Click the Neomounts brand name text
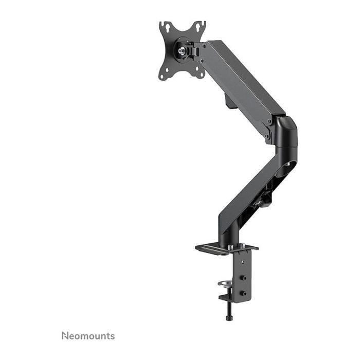tap(88, 336)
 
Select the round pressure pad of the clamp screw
tap(225, 283)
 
